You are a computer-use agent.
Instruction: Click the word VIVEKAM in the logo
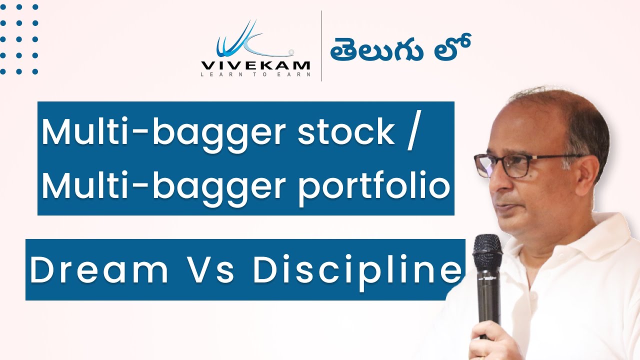[x=255, y=65]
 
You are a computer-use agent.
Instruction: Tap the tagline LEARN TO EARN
[x=255, y=75]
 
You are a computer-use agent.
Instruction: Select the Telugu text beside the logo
[x=399, y=49]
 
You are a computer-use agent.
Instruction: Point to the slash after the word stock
[x=411, y=132]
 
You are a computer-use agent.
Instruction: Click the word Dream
[x=99, y=270]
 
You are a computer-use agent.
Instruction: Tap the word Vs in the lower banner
[x=210, y=270]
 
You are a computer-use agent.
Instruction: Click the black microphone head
[x=487, y=252]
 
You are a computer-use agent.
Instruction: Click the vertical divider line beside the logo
[x=321, y=46]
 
